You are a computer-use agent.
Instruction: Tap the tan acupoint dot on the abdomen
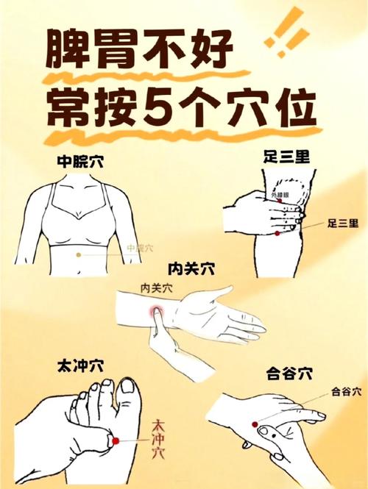[80, 254]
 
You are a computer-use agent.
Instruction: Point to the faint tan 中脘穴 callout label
[140, 249]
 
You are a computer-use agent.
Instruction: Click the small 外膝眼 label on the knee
[280, 195]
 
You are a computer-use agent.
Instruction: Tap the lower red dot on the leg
[277, 233]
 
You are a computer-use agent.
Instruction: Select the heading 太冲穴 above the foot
[81, 365]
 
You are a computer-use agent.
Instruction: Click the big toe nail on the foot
[128, 385]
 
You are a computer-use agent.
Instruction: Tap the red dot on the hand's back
[255, 424]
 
